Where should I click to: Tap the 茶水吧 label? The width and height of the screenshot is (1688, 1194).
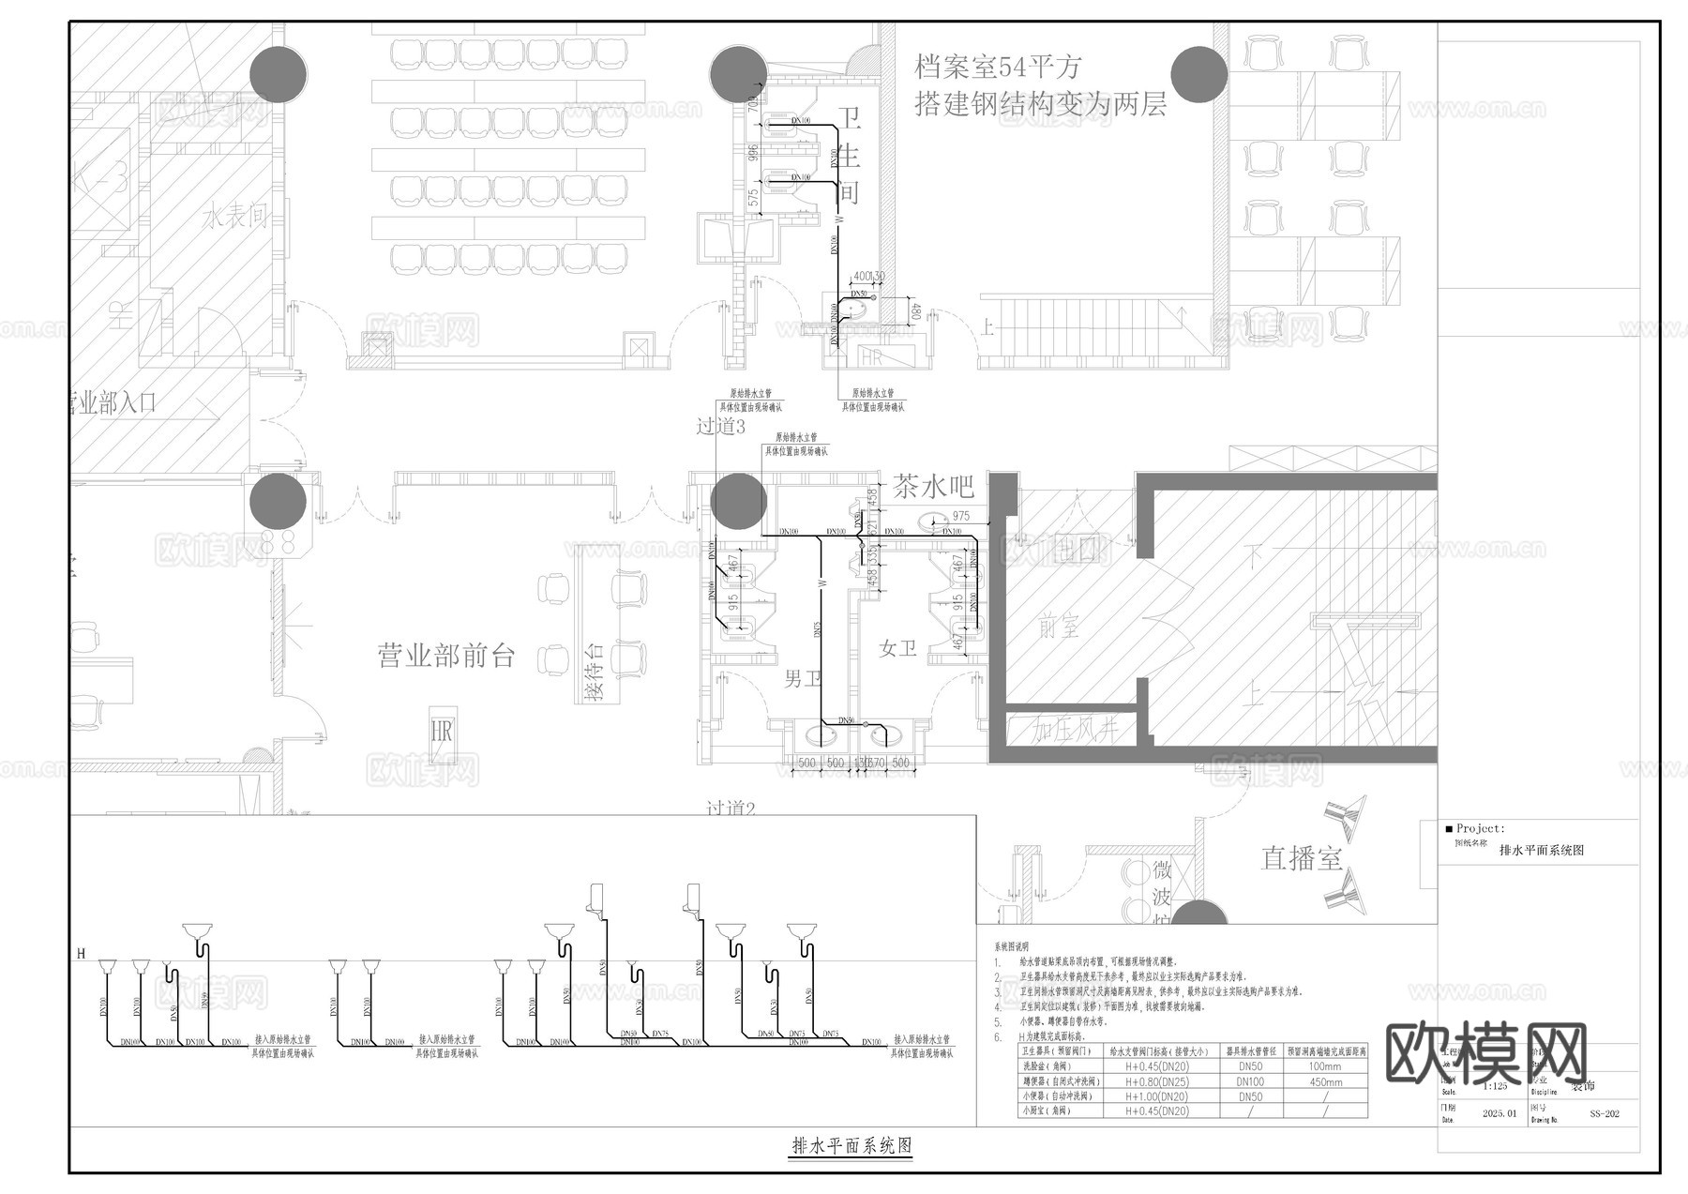pyautogui.click(x=933, y=487)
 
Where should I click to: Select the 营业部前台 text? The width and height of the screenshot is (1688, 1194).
pyautogui.click(x=446, y=656)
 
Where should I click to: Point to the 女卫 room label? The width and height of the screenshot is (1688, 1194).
pyautogui.click(x=897, y=648)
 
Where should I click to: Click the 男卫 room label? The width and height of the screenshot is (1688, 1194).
pyautogui.click(x=803, y=678)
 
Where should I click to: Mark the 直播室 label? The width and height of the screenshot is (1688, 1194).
pyautogui.click(x=1302, y=858)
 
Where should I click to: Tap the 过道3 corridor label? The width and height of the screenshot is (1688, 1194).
pyautogui.click(x=720, y=427)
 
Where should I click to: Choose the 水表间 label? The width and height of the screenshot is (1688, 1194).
pyautogui.click(x=235, y=218)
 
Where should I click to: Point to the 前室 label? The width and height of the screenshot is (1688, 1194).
pyautogui.click(x=1059, y=626)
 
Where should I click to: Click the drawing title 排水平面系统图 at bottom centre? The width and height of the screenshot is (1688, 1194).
pyautogui.click(x=852, y=1145)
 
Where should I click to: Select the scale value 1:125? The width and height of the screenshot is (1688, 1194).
pyautogui.click(x=1496, y=1086)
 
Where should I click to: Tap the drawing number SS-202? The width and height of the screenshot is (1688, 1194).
pyautogui.click(x=1605, y=1114)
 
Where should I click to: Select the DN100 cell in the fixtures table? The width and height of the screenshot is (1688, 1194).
pyautogui.click(x=1250, y=1081)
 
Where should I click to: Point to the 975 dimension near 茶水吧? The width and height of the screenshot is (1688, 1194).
pyautogui.click(x=960, y=517)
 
